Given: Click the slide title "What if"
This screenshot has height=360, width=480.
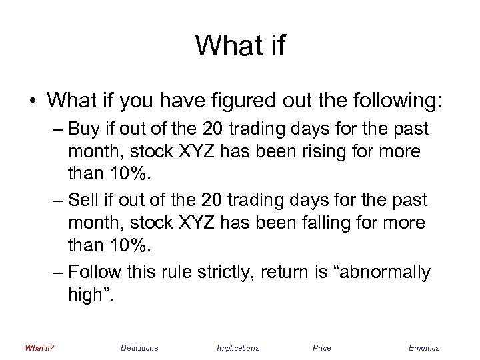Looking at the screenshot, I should pos(240,45).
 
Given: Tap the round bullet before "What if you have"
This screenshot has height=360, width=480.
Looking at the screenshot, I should pos(31,101).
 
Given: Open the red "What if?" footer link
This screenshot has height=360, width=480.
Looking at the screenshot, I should pos(39,347).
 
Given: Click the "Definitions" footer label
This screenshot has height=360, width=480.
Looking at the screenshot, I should pos(139,347).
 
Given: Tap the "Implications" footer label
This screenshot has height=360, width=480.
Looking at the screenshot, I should pos(238,347).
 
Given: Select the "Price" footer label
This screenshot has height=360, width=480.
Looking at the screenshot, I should pos(321,347).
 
